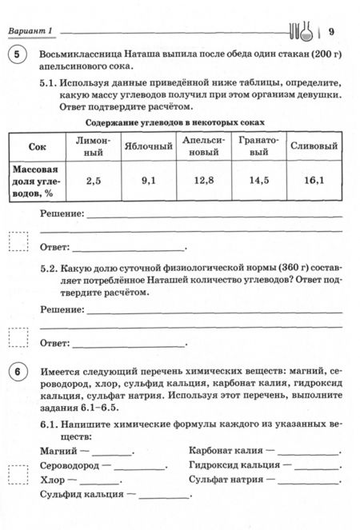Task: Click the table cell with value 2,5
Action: point(94,181)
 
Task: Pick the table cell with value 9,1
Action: point(149,181)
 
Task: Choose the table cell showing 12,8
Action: point(203,181)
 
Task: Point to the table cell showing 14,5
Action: point(258,181)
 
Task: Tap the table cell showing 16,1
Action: point(314,181)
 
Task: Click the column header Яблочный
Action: point(149,147)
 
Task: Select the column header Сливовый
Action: point(314,147)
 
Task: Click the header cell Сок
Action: point(38,147)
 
